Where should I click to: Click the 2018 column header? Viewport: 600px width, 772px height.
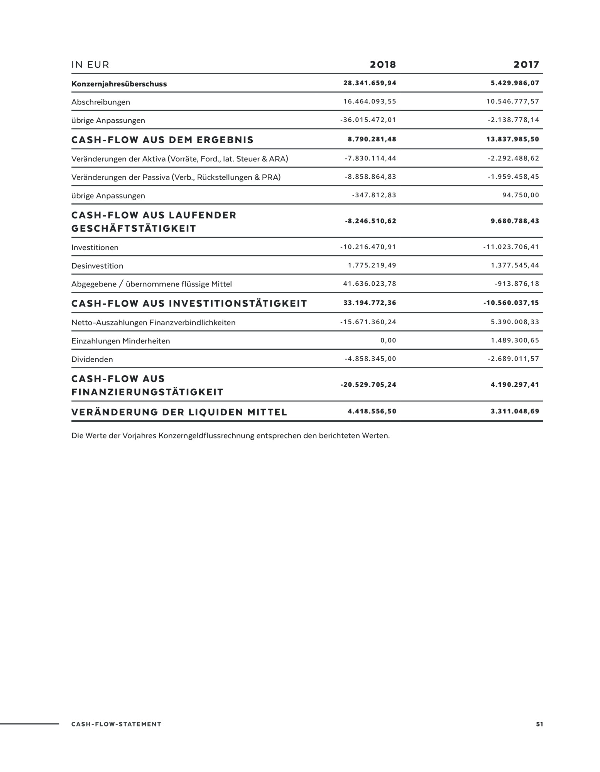pyautogui.click(x=383, y=64)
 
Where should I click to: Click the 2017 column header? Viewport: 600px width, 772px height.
pyautogui.click(x=526, y=64)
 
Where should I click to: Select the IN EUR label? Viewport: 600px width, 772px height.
pyautogui.click(x=90, y=65)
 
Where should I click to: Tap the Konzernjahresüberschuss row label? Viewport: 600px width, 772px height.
pyautogui.click(x=119, y=84)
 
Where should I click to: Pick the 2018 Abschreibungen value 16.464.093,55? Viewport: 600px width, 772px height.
pyautogui.click(x=370, y=102)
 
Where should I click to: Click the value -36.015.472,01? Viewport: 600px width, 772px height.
pyautogui.click(x=368, y=120)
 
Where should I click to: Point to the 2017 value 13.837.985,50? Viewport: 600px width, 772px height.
pyautogui.click(x=512, y=139)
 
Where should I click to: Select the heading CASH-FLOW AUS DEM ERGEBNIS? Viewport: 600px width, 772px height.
pyautogui.click(x=162, y=140)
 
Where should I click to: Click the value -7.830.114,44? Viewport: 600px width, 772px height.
pyautogui.click(x=370, y=158)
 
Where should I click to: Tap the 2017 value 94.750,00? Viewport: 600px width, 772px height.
pyautogui.click(x=521, y=195)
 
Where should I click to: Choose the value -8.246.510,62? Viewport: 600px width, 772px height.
pyautogui.click(x=370, y=221)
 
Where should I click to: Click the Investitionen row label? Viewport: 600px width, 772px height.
pyautogui.click(x=95, y=247)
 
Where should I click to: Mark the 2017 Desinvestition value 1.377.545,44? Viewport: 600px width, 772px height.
pyautogui.click(x=515, y=265)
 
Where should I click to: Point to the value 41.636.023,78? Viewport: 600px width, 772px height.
pyautogui.click(x=370, y=284)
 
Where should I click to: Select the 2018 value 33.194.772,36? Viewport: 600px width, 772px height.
pyautogui.click(x=370, y=303)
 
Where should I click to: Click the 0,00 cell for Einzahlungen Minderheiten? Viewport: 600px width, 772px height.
pyautogui.click(x=388, y=340)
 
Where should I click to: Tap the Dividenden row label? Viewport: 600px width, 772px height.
pyautogui.click(x=92, y=359)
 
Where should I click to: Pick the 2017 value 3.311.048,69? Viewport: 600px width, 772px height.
pyautogui.click(x=515, y=411)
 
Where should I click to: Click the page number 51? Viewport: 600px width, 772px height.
pyautogui.click(x=539, y=724)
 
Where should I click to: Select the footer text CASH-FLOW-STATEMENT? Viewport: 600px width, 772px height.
pyautogui.click(x=116, y=724)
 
